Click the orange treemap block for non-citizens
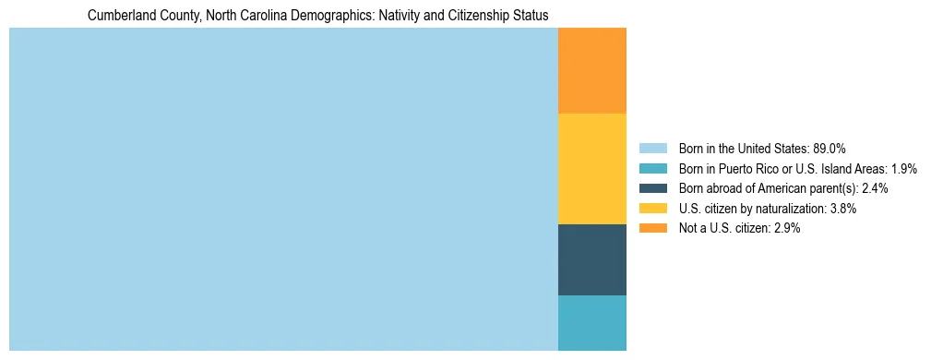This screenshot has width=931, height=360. point(592,70)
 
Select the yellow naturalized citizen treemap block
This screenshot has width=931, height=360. point(592,168)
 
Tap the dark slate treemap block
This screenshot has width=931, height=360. point(592,259)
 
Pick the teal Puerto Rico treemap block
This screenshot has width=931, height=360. point(592,322)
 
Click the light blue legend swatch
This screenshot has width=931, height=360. point(653,149)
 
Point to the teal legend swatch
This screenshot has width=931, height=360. point(653,169)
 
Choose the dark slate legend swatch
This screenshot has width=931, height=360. point(653,188)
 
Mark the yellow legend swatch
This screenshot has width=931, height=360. point(653,209)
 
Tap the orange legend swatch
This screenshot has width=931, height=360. point(653,228)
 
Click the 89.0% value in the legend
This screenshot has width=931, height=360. point(830,149)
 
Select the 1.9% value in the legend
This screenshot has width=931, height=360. point(903,169)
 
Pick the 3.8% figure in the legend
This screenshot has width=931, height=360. point(841,209)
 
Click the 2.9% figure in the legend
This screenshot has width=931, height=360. point(784,228)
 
